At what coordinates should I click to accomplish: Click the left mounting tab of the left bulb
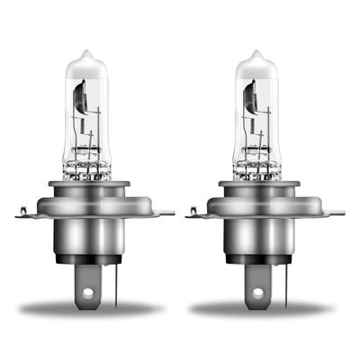(x=26, y=212)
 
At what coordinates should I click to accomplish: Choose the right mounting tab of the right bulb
(x=336, y=212)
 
